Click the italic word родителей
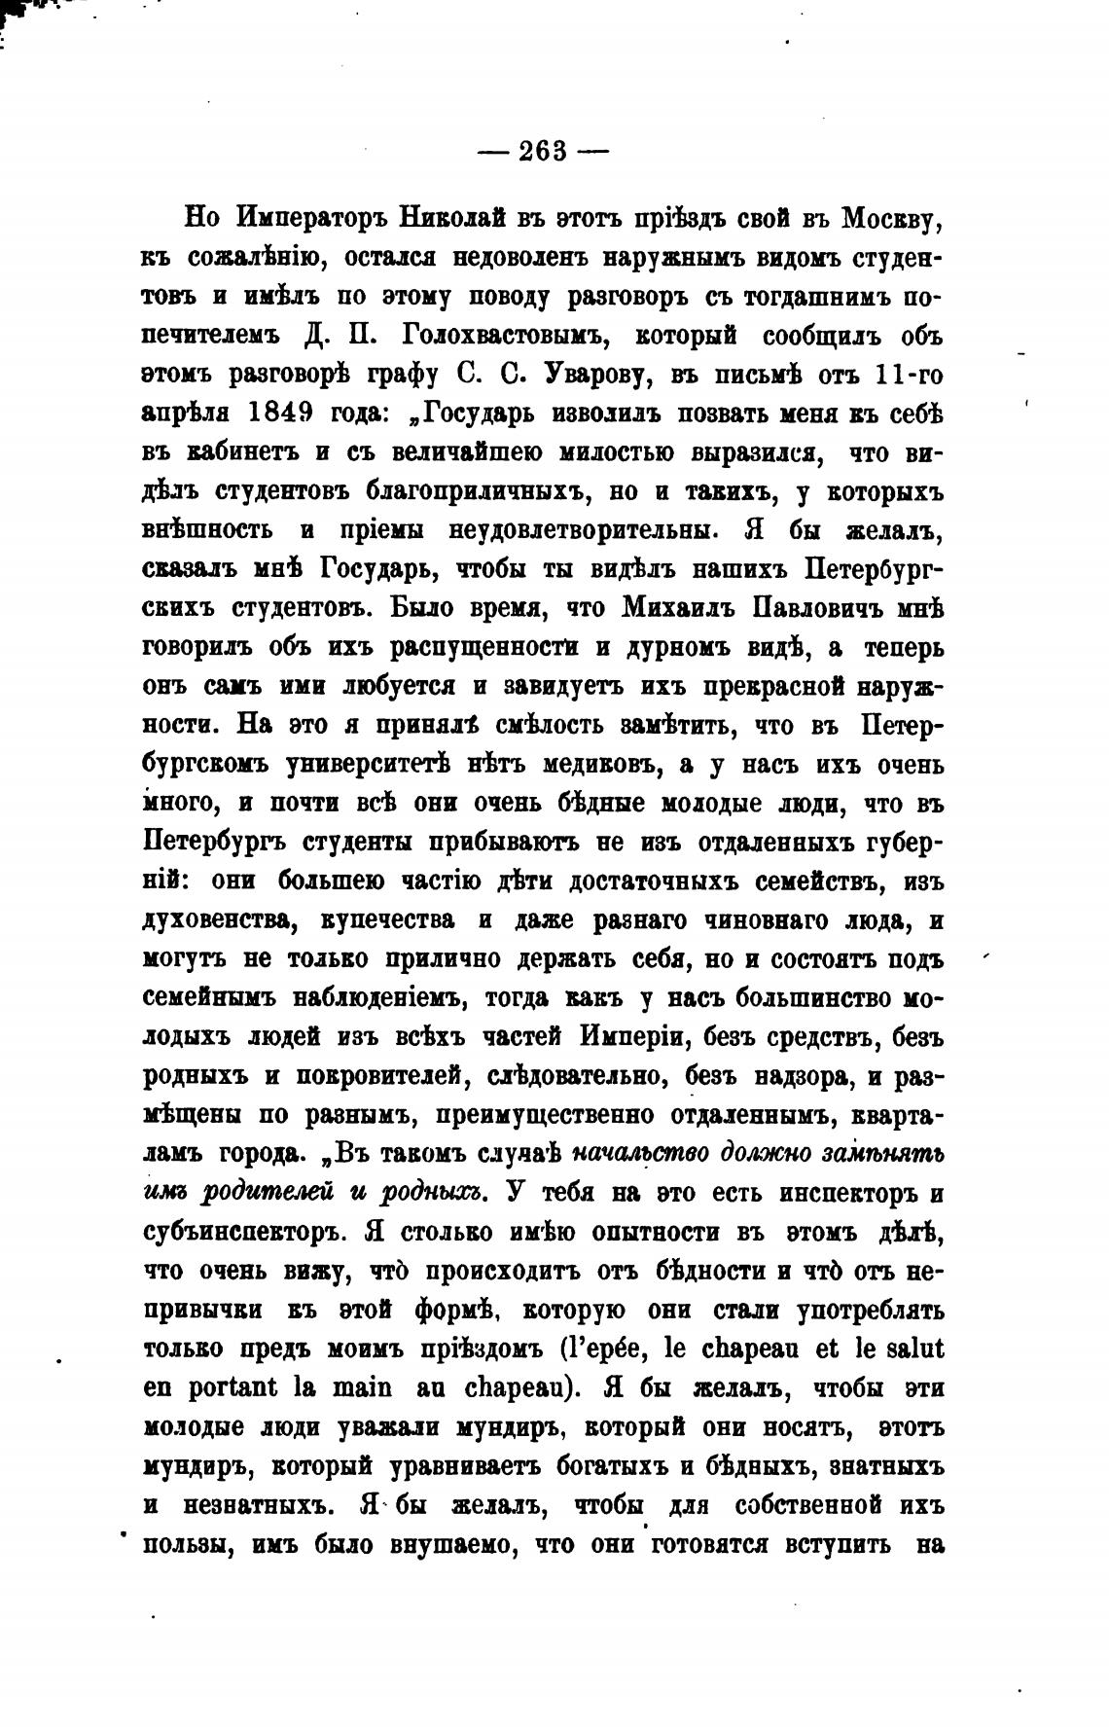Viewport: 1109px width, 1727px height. tap(270, 1193)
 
